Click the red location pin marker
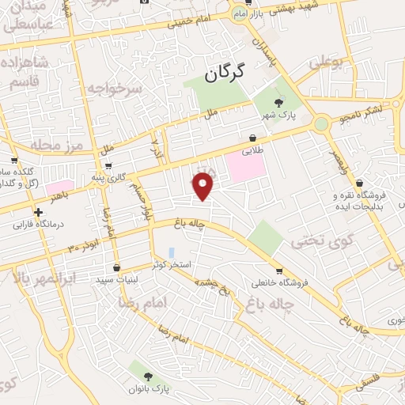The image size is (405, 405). pos(204,185)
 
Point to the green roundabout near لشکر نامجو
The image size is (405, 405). pos(320,123)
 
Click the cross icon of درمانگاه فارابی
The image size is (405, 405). pos(38,211)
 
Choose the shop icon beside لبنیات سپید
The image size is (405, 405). pos(117,267)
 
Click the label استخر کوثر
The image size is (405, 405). pos(175,264)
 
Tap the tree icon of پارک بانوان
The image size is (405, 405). pos(144,375)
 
